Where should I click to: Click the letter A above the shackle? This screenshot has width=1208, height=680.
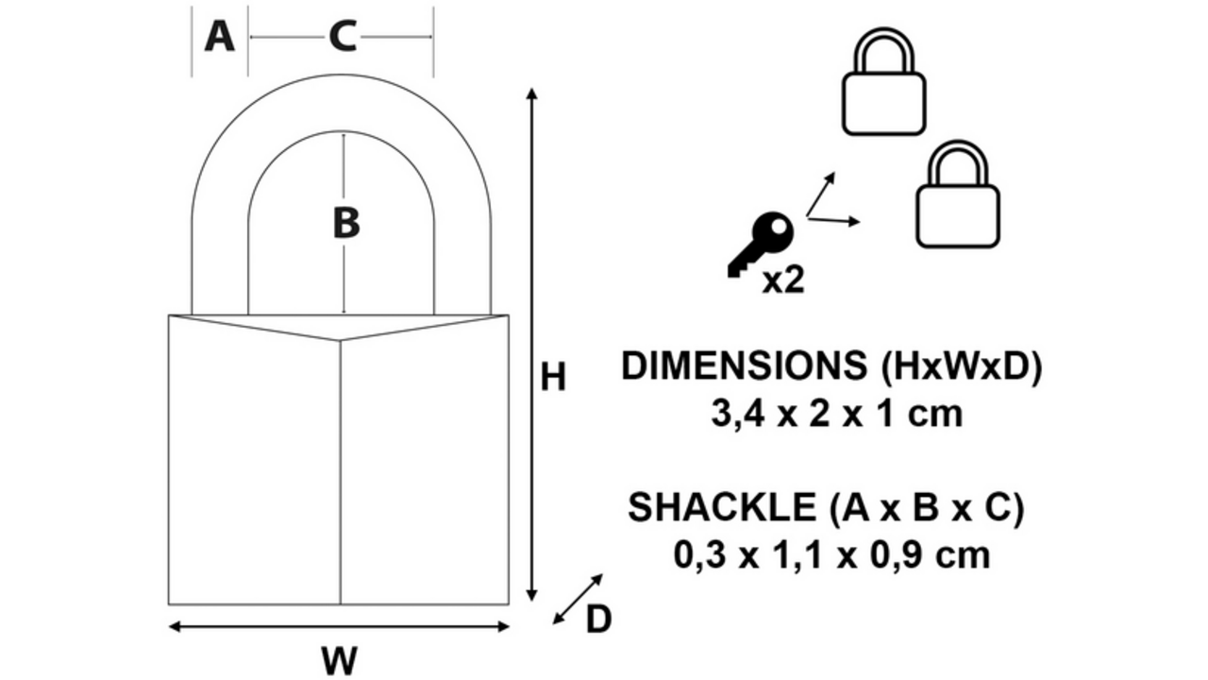coord(220,37)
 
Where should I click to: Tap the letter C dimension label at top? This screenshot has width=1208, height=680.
coord(343,37)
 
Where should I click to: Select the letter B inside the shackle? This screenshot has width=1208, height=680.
coord(346,223)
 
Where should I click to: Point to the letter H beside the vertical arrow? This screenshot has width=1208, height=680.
coord(553,377)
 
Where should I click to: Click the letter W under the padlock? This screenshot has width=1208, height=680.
coord(339,659)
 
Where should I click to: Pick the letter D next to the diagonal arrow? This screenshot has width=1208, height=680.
coord(598,619)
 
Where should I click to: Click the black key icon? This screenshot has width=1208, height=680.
coord(761,244)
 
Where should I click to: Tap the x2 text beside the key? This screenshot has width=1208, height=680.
coord(783,280)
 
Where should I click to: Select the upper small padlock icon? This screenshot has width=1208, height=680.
coord(884,81)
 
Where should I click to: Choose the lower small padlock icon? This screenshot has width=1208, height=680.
coord(958,195)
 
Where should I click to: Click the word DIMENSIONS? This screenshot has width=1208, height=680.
coord(745,366)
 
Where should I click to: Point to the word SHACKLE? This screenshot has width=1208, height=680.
coord(722,507)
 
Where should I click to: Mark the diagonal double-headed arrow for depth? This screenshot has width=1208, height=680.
coord(578,599)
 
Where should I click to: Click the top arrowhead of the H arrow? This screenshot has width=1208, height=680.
coord(531,93)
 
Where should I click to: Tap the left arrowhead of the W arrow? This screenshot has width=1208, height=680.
coord(175,626)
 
